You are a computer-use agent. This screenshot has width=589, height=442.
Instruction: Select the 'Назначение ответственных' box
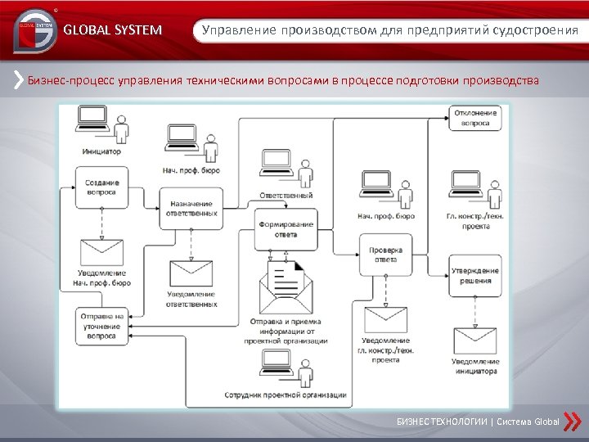coord(191,208)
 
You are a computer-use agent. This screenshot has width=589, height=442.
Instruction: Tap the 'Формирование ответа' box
coord(286,229)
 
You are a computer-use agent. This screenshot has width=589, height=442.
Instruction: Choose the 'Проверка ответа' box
coord(385,254)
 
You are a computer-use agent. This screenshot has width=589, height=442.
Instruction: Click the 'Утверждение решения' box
coord(475,276)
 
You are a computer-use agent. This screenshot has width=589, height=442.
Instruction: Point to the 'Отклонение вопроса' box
coord(475,118)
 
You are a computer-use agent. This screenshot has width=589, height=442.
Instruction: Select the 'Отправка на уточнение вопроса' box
coord(101,326)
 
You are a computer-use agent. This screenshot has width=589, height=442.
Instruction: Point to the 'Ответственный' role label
coord(286,196)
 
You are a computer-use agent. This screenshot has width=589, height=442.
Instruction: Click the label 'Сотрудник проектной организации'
coord(286,395)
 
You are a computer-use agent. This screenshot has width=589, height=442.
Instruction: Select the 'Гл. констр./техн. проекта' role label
coord(475,221)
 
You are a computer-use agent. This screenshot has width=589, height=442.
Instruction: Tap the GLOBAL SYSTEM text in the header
coord(112,31)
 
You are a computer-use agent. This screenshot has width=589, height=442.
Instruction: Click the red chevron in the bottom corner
coord(573,421)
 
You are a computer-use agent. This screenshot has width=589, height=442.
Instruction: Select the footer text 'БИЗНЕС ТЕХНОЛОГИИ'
coord(441,422)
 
